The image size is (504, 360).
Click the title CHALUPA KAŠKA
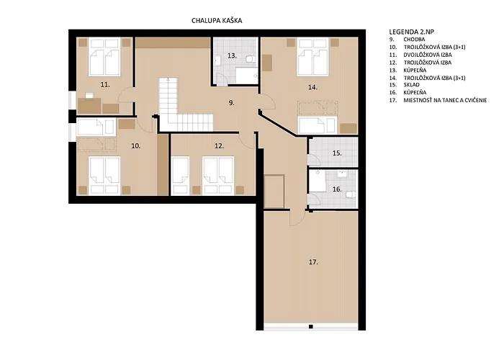(217, 21)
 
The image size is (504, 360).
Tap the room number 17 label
(313, 262)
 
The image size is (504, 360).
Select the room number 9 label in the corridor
(231, 103)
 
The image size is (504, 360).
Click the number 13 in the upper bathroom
(232, 55)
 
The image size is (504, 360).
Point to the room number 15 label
(337, 153)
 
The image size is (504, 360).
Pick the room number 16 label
(337, 189)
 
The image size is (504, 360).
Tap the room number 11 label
(105, 84)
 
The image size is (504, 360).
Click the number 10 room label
(136, 146)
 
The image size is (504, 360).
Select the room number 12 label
(219, 146)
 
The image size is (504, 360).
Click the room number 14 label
(312, 87)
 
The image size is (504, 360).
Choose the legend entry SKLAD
(411, 85)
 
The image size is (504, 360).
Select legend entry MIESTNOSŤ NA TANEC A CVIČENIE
(445, 100)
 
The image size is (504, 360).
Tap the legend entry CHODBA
(414, 39)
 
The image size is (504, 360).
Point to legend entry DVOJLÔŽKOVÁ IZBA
(428, 55)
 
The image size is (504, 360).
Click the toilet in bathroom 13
(251, 59)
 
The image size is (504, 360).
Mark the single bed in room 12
(180, 176)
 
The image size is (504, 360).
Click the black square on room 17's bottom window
(311, 327)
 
